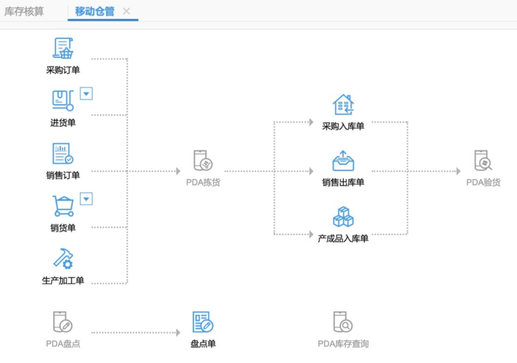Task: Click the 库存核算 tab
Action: pyautogui.click(x=24, y=11)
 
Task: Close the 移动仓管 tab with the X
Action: pyautogui.click(x=126, y=11)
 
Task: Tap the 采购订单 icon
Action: pyautogui.click(x=63, y=48)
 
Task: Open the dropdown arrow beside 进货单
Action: pyautogui.click(x=86, y=94)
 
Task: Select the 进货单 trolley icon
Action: pyautogui.click(x=63, y=101)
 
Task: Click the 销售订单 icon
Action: pyautogui.click(x=63, y=154)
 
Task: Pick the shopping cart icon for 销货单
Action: pyautogui.click(x=63, y=206)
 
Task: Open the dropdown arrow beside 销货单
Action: pyautogui.click(x=86, y=199)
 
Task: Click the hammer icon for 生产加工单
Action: pyautogui.click(x=63, y=259)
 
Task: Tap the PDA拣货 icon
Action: pyautogui.click(x=203, y=160)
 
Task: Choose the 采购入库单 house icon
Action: pyautogui.click(x=343, y=104)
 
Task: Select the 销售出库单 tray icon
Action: pyautogui.click(x=343, y=161)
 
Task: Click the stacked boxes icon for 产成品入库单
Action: pyautogui.click(x=343, y=217)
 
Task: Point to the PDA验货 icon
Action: pyautogui.click(x=483, y=160)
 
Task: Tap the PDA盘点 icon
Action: pyautogui.click(x=63, y=322)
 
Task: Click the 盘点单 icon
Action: pyautogui.click(x=203, y=322)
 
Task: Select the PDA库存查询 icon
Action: pyautogui.click(x=343, y=322)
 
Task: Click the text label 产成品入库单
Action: pyautogui.click(x=343, y=238)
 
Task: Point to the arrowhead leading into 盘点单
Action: pyautogui.click(x=178, y=332)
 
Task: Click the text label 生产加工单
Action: pyautogui.click(x=63, y=281)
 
